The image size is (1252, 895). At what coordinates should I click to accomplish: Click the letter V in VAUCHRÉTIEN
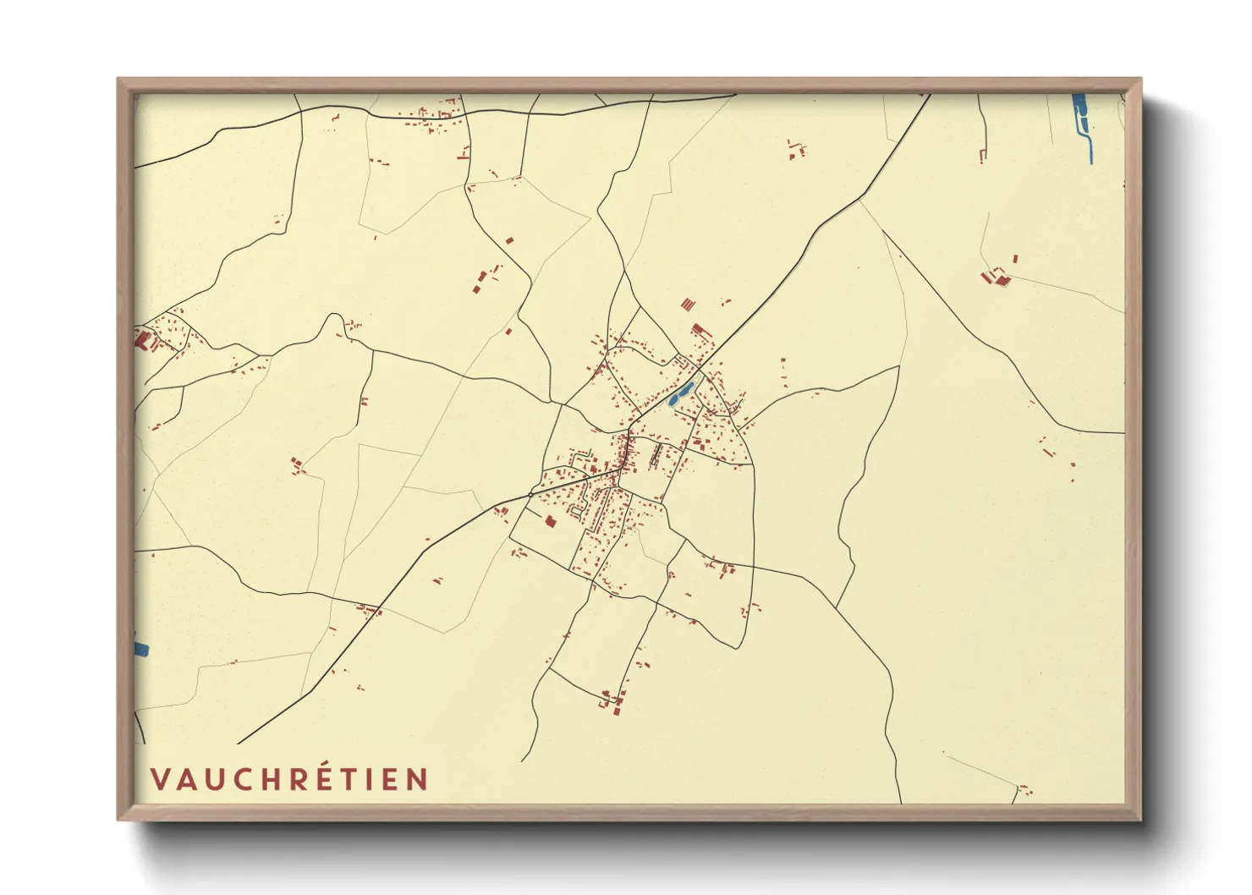161,779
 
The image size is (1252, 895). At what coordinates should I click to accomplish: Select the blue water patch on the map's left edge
140,649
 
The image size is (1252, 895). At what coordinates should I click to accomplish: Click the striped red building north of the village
687,304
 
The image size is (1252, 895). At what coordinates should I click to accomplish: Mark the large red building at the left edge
142,339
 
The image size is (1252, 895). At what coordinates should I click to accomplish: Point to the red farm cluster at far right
999,276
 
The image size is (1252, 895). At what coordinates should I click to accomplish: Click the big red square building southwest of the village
550,521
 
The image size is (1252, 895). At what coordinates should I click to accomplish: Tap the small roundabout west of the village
530,494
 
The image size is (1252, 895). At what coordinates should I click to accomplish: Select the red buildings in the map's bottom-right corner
1024,789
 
